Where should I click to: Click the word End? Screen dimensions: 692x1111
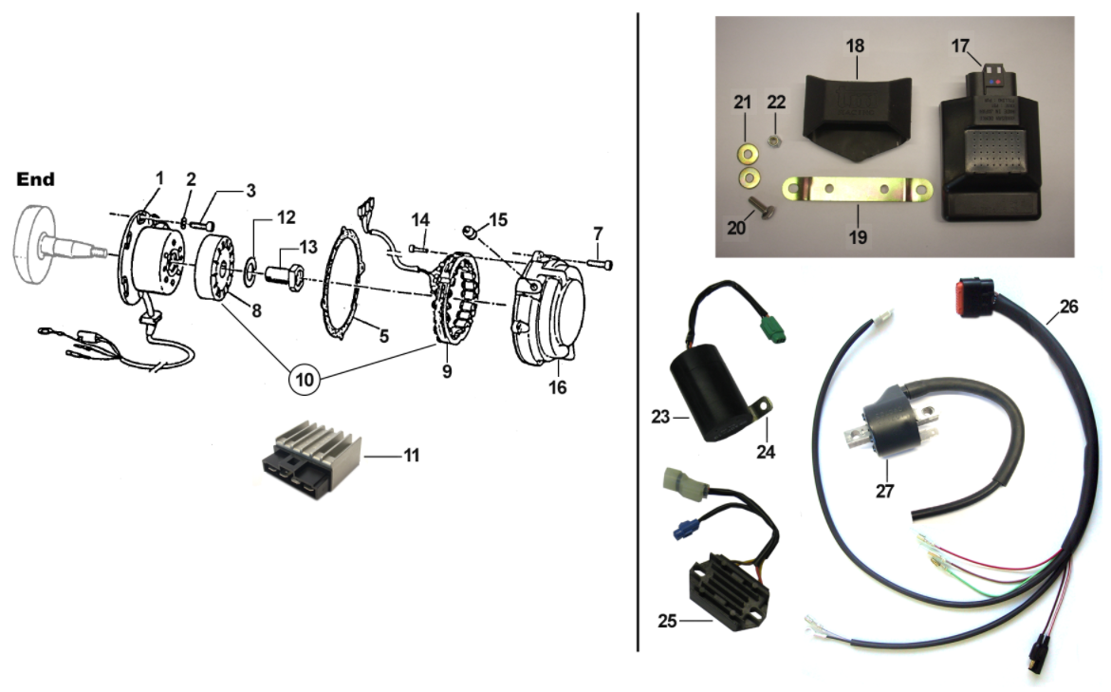36,178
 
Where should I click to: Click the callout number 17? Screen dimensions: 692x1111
960,44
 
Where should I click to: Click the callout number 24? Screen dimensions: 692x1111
765,452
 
